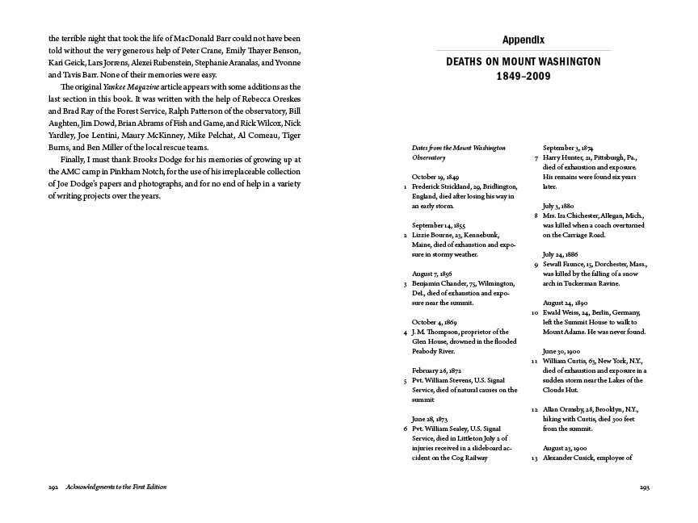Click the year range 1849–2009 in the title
(523, 77)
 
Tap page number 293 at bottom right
(644, 487)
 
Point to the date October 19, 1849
(435, 176)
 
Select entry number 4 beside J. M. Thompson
(405, 332)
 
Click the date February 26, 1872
(439, 371)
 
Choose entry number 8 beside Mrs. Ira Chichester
(536, 215)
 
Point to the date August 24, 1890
(568, 303)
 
